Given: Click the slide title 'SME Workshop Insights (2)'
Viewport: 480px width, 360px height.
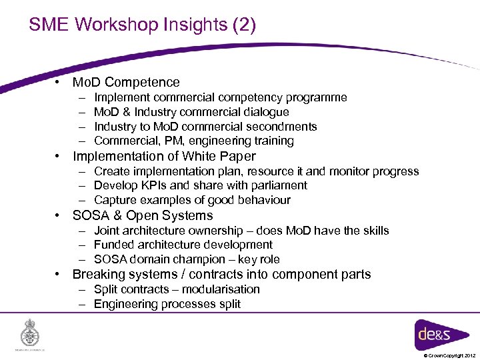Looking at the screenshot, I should [x=142, y=25].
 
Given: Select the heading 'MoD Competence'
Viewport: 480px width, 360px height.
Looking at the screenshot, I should [x=126, y=83].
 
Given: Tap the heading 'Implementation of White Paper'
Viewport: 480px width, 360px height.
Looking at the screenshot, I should [x=164, y=157].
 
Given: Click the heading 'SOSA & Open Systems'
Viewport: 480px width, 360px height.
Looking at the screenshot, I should [x=143, y=216].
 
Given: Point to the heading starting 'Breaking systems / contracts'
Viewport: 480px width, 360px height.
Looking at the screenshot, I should [x=221, y=275].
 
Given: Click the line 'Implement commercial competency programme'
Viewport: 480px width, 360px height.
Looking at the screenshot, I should [x=220, y=98].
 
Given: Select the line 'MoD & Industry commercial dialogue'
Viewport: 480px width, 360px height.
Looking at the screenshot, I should [x=191, y=112].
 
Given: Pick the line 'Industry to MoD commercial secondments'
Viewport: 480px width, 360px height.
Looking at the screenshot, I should [x=205, y=127].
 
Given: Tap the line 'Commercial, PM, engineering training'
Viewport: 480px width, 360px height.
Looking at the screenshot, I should [x=193, y=141].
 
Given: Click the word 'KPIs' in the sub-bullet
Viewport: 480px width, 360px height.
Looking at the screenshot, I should [x=152, y=185].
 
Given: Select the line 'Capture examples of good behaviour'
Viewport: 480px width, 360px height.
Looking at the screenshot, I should [x=192, y=201].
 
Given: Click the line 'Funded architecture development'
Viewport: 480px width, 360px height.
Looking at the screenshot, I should [x=183, y=245].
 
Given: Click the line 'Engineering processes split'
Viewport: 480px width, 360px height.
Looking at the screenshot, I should [x=167, y=305].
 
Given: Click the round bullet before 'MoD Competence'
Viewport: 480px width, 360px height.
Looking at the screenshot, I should [x=59, y=83].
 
